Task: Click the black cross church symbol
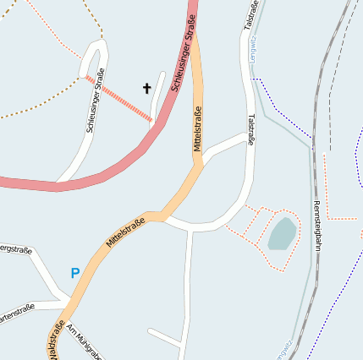146,88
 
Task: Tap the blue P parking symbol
74,273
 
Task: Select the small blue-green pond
283,233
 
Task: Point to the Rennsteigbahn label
318,224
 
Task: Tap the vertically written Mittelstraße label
198,128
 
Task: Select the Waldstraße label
57,340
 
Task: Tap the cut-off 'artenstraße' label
17,308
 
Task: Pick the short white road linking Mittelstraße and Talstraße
223,144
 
